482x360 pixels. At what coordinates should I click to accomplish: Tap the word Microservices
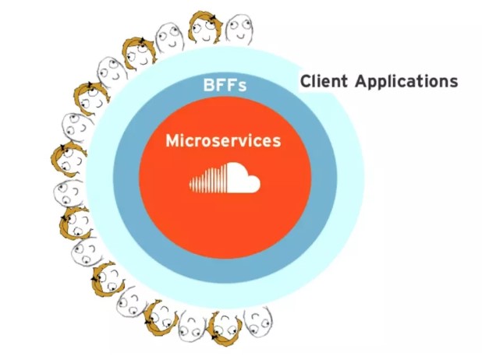coord(223,142)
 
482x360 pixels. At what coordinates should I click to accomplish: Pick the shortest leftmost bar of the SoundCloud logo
coord(190,185)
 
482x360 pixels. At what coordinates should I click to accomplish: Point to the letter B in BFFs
coord(204,85)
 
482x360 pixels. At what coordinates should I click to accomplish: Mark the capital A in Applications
coord(361,81)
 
